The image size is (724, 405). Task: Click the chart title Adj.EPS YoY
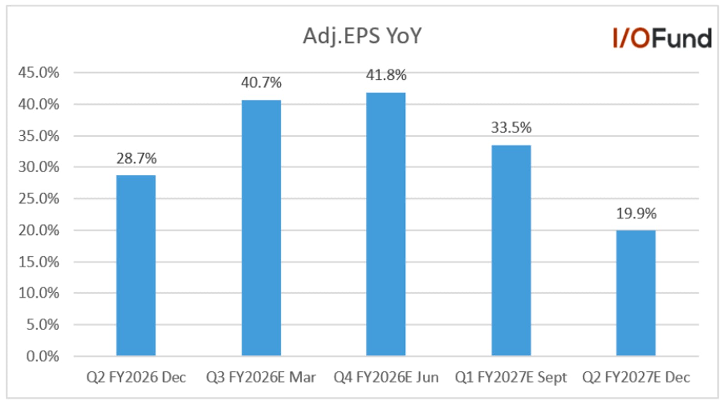pyautogui.click(x=362, y=36)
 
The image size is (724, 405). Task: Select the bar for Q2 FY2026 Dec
pyautogui.click(x=136, y=265)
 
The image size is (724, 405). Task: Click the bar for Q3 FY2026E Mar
pyautogui.click(x=261, y=228)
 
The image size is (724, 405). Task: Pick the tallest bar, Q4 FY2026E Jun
pyautogui.click(x=386, y=224)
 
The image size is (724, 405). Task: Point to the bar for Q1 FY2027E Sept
pyautogui.click(x=511, y=251)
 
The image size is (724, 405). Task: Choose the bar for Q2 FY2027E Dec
pyautogui.click(x=636, y=293)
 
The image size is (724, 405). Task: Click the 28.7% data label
pyautogui.click(x=136, y=158)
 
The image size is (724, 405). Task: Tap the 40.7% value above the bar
pyautogui.click(x=261, y=83)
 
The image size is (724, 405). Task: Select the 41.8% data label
pyautogui.click(x=386, y=75)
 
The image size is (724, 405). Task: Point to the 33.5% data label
pyautogui.click(x=511, y=128)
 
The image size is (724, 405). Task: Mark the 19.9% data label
pyautogui.click(x=636, y=214)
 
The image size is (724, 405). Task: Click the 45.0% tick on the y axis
pyautogui.click(x=39, y=73)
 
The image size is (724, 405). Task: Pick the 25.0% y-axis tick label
pyautogui.click(x=39, y=199)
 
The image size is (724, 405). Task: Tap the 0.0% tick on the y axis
pyautogui.click(x=43, y=356)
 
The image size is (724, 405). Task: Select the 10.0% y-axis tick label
pyautogui.click(x=39, y=293)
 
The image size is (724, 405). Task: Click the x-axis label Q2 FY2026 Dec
pyautogui.click(x=136, y=377)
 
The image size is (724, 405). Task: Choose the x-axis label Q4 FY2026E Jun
pyautogui.click(x=386, y=377)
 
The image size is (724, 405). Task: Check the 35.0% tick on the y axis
pyautogui.click(x=39, y=136)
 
